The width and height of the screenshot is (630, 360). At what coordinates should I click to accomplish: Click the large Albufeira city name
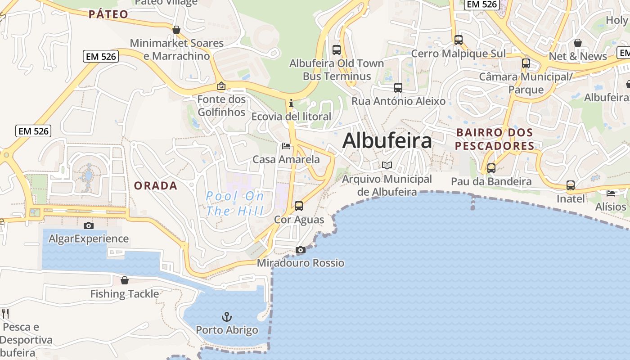click(387, 141)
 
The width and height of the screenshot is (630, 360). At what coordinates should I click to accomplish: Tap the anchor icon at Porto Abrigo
click(227, 316)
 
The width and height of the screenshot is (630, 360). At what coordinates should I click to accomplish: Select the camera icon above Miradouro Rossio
click(301, 250)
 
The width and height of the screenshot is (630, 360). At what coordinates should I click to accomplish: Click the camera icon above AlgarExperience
click(89, 225)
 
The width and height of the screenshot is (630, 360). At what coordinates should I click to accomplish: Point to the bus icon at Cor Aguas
click(299, 206)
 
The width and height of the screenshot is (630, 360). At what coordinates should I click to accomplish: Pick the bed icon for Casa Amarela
click(286, 146)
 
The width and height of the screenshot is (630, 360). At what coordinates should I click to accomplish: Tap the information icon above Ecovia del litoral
click(291, 103)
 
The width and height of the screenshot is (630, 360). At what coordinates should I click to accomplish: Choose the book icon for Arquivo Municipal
click(387, 165)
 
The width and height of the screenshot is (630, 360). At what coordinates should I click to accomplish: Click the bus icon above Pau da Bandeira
click(491, 168)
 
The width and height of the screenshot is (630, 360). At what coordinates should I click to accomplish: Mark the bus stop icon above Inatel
click(571, 185)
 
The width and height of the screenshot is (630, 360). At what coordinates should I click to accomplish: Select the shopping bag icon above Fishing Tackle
click(125, 280)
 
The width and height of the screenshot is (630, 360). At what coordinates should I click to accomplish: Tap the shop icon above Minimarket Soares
click(176, 30)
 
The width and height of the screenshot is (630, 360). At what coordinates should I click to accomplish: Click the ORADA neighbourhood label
click(156, 186)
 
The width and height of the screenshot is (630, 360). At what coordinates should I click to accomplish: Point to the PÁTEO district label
click(108, 14)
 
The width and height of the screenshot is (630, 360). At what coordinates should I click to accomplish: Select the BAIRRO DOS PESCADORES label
click(495, 139)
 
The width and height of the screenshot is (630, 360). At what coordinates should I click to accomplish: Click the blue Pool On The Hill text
click(235, 203)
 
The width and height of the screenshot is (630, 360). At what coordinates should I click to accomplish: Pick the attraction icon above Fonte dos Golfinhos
click(221, 85)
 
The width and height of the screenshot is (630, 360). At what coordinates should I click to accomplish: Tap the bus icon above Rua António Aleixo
click(398, 87)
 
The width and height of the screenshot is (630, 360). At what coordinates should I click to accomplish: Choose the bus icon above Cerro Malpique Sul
click(459, 40)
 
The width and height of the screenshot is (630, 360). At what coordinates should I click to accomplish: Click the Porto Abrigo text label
click(227, 330)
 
